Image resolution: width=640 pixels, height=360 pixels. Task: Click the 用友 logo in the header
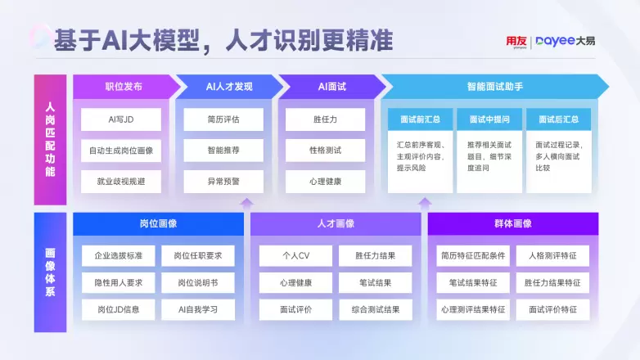pyautogui.click(x=516, y=41)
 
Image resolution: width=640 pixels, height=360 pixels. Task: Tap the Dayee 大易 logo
pyautogui.click(x=566, y=41)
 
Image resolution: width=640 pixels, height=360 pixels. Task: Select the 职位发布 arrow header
pyautogui.click(x=124, y=86)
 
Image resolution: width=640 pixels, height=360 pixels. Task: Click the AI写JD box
pyautogui.click(x=121, y=119)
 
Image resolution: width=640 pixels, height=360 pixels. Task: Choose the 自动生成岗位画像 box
pyautogui.click(x=121, y=151)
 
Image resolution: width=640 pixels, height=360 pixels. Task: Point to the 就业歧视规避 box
pyautogui.click(x=121, y=182)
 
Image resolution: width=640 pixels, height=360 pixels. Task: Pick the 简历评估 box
pyautogui.click(x=223, y=119)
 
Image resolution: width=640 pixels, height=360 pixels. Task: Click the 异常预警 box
pyautogui.click(x=223, y=182)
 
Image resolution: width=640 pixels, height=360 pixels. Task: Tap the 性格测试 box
pyautogui.click(x=325, y=151)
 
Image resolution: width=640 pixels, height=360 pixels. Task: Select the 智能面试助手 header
pyautogui.click(x=494, y=86)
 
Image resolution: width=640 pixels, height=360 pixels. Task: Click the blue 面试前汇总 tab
pyautogui.click(x=420, y=119)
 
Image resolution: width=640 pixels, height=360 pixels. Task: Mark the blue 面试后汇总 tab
pyautogui.click(x=558, y=119)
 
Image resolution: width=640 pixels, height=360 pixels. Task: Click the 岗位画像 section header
pyautogui.click(x=159, y=223)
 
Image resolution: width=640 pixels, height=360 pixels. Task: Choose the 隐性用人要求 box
pyautogui.click(x=118, y=283)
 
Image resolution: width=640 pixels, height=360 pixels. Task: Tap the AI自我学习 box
pyautogui.click(x=197, y=310)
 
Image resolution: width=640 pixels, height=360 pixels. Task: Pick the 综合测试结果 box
pyautogui.click(x=376, y=310)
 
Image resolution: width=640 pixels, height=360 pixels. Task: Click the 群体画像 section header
pyautogui.click(x=512, y=223)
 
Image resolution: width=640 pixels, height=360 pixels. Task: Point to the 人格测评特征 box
pyautogui.click(x=552, y=256)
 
